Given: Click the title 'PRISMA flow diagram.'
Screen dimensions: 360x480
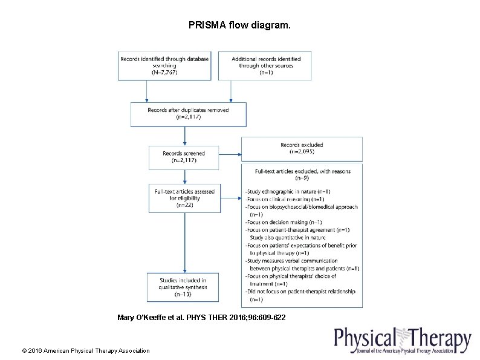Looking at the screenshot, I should (x=239, y=26).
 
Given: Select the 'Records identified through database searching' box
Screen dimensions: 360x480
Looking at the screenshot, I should (x=164, y=65).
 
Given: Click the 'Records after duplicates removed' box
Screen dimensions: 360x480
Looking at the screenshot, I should (x=188, y=114).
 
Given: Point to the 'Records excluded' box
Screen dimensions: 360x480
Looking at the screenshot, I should (x=302, y=148).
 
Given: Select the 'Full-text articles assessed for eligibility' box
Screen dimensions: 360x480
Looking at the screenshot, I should (x=184, y=198).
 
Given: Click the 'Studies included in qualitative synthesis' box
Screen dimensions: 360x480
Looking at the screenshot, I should (x=183, y=287).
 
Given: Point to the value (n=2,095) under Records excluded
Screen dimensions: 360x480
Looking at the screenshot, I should (x=302, y=152).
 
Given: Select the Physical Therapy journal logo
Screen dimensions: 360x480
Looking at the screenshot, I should (x=402, y=341).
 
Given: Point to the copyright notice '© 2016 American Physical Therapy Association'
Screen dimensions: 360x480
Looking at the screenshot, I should (x=86, y=350).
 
